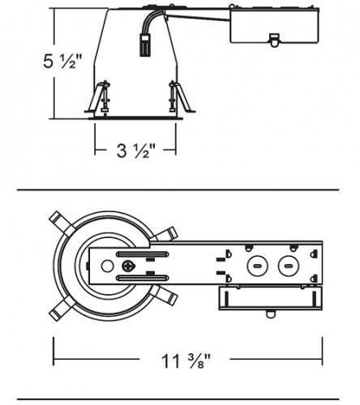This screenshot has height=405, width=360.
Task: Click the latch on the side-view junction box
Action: point(273,38)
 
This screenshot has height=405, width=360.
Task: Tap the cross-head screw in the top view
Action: point(128,266)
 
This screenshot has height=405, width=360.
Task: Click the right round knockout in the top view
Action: point(285,265)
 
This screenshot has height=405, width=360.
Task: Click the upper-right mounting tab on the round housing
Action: point(168,235)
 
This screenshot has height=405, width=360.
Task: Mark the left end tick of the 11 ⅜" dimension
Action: point(54,350)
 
